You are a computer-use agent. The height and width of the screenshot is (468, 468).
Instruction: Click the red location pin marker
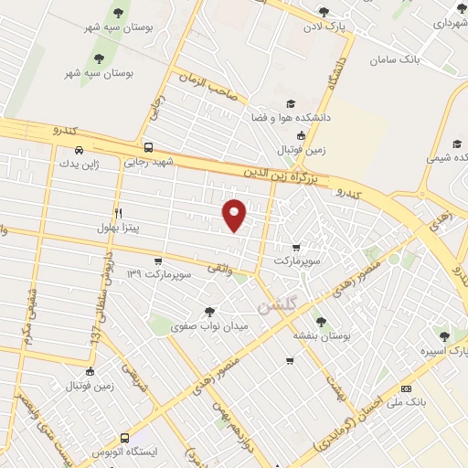pos(235,214)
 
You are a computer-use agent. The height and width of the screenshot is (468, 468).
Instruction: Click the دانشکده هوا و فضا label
pos(292,118)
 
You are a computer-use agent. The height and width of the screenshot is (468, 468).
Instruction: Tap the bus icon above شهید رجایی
pos(148,147)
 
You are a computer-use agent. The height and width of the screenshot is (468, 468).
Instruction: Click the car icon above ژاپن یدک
pos(80,149)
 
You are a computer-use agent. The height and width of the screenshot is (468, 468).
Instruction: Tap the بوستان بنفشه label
pos(318,335)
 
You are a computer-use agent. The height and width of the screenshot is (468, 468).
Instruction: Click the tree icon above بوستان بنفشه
pos(318,321)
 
